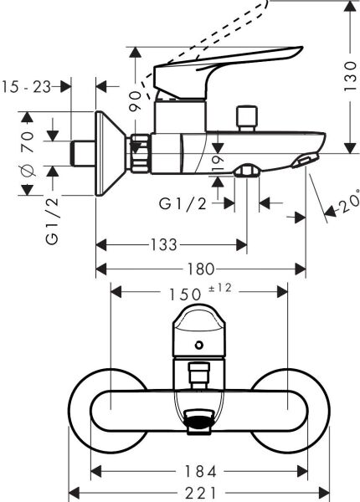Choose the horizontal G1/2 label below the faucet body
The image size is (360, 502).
[x=183, y=203]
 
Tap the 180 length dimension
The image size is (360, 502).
[x=200, y=269]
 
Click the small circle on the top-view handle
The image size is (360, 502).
[x=198, y=346]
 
